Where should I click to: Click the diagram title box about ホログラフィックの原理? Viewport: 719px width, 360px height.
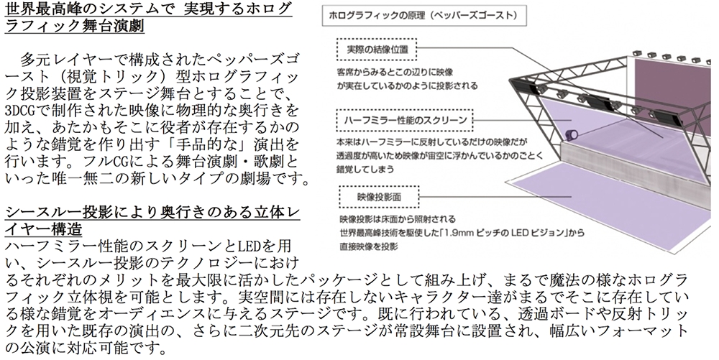(x=424, y=16)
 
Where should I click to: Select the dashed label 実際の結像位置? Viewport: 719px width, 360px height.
(x=377, y=49)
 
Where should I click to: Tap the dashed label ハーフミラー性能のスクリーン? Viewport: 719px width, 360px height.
(x=405, y=121)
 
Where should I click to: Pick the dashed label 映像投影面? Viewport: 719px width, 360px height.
(x=379, y=197)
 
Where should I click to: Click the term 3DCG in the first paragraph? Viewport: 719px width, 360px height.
(x=19, y=111)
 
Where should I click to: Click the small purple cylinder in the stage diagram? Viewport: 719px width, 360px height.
(x=572, y=134)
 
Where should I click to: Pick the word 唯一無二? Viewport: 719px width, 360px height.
(x=70, y=179)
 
